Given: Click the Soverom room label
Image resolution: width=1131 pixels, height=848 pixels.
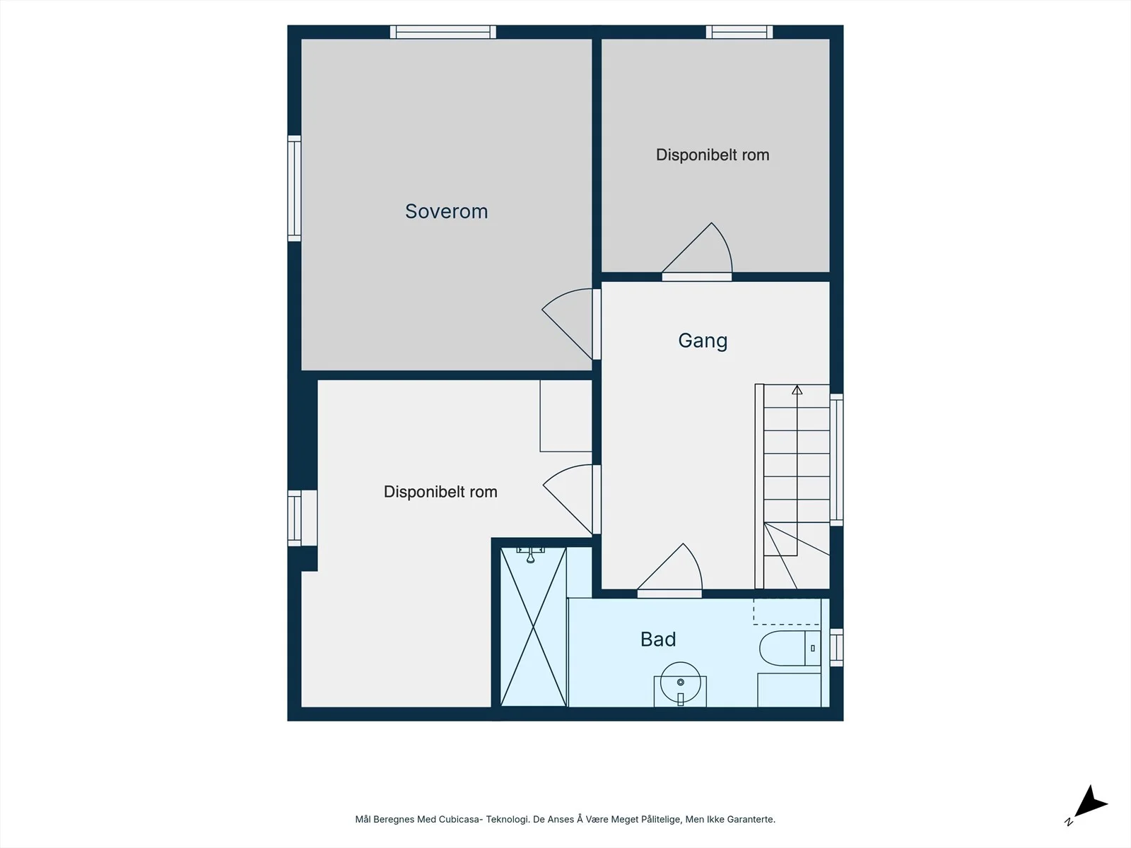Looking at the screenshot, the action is pos(446,211).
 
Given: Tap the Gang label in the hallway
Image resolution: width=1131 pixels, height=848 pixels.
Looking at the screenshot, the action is pos(703,341).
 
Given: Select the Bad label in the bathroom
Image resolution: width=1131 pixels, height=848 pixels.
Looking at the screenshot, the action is pos(658,640).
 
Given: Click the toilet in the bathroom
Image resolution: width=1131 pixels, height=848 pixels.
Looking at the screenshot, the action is pos(790,648).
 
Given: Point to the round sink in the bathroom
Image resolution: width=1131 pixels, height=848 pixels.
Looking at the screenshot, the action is pos(680,682).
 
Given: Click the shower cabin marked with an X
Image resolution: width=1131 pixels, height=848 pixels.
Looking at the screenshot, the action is pos(533,627).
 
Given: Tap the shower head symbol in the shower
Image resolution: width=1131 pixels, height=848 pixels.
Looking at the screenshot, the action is pos(530,555).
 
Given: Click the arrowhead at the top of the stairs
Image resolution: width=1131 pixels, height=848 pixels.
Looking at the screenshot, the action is pos(797,390).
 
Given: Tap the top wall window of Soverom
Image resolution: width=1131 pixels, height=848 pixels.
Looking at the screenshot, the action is pos(443,32).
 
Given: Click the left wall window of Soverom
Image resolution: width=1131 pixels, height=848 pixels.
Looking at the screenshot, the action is pos(294,189).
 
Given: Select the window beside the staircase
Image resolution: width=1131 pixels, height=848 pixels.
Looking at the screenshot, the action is pos(836,460).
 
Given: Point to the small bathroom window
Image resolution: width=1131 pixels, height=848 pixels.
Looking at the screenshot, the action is pos(836,647).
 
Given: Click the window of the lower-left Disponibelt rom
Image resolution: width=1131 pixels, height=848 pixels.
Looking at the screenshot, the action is pos(294,518).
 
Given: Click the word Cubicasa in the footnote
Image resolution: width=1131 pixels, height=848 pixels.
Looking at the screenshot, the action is pos(458,819).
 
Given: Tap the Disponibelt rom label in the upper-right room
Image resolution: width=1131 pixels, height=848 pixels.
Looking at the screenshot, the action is pos(712,155).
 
